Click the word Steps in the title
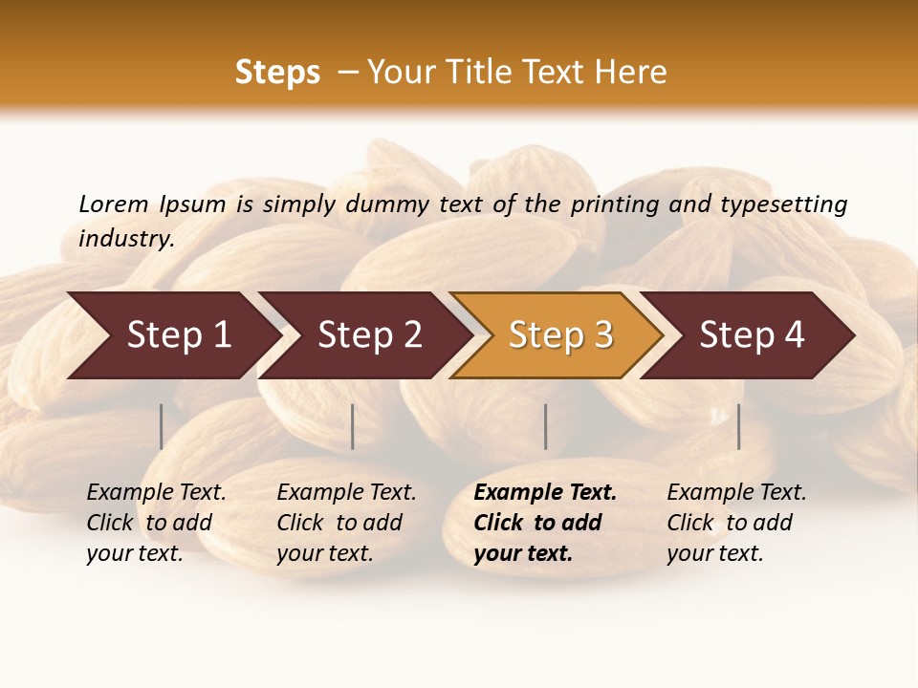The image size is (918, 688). click(277, 73)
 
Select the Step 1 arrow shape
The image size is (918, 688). click(172, 335)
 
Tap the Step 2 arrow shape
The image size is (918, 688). click(368, 335)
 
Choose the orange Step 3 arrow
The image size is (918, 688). click(559, 335)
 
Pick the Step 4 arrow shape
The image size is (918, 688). click(751, 335)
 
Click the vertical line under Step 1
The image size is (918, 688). click(162, 426)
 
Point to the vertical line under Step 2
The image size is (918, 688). click(353, 426)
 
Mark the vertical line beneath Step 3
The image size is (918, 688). click(546, 426)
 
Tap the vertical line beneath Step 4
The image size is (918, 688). click(738, 426)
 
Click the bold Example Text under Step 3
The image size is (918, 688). click(545, 493)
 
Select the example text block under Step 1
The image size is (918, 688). click(156, 523)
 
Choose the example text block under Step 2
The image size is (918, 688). click(346, 523)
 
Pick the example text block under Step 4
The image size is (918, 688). click(736, 523)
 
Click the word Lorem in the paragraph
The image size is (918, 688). click(113, 204)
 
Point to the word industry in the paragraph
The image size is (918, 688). click(126, 239)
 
